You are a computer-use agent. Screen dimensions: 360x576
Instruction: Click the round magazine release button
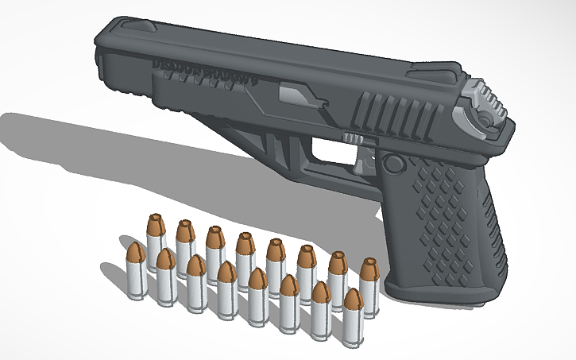(392, 164)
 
